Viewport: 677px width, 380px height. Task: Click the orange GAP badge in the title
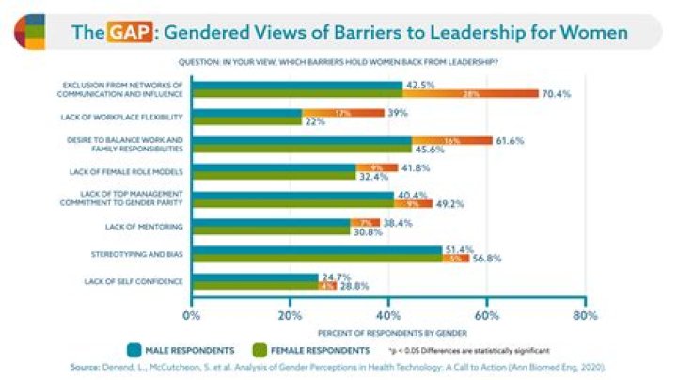[x=129, y=33]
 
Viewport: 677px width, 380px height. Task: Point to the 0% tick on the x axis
[x=192, y=315]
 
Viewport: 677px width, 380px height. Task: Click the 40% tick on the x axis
[x=388, y=315]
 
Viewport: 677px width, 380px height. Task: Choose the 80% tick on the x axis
[x=585, y=315]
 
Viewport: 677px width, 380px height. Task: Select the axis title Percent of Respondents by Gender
[x=388, y=332]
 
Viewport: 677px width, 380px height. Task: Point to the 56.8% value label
[x=489, y=260]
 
